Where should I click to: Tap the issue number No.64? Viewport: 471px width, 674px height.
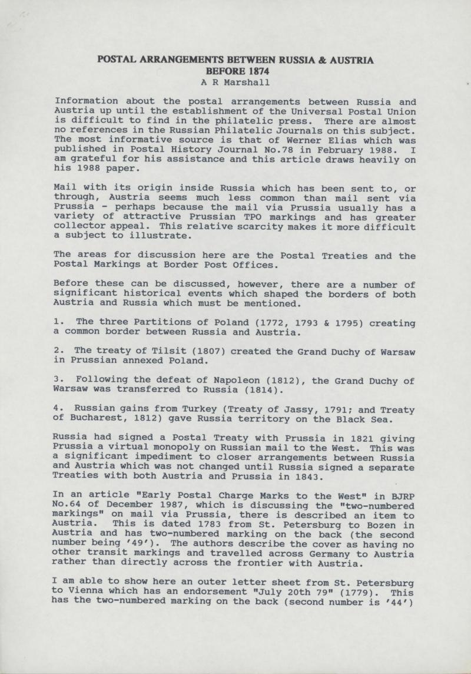[70, 504]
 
